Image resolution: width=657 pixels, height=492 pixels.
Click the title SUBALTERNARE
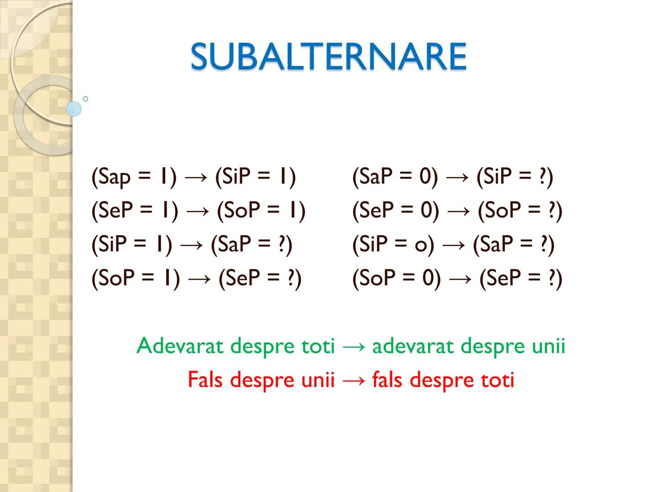pyautogui.click(x=328, y=56)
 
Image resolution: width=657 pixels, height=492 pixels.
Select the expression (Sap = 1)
pyautogui.click(x=134, y=177)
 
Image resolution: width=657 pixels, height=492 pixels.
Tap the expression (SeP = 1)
pyautogui.click(x=135, y=210)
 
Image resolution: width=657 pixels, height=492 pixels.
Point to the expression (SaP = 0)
pyautogui.click(x=395, y=177)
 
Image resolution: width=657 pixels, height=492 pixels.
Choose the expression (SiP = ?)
pyautogui.click(x=515, y=177)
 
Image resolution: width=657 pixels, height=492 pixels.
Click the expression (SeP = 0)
pyautogui.click(x=396, y=210)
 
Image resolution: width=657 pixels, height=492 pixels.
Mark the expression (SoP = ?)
pyautogui.click(x=520, y=210)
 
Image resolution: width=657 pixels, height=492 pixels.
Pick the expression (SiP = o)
pyautogui.click(x=393, y=245)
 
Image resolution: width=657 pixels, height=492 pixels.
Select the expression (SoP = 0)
pyautogui.click(x=396, y=278)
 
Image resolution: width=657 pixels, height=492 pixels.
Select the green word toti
pyautogui.click(x=318, y=346)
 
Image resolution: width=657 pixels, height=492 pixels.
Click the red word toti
pyautogui.click(x=498, y=379)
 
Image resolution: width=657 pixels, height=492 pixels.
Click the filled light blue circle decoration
pyautogui.click(x=73, y=109)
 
